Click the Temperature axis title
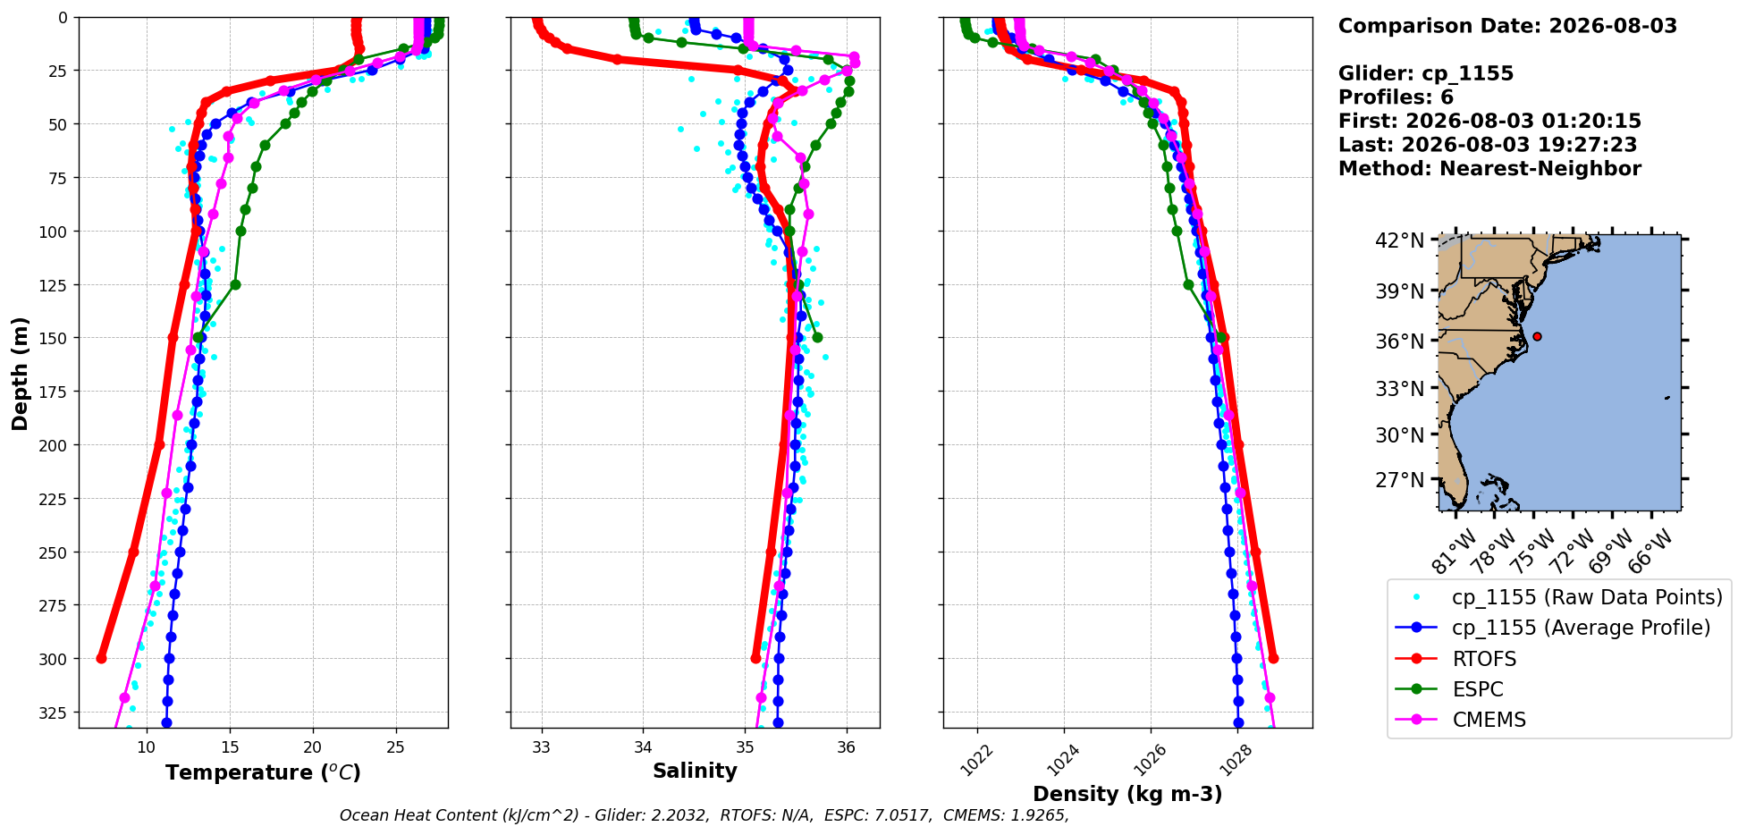coord(263,772)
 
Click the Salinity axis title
coord(695,772)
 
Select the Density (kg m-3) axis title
coord(1127,794)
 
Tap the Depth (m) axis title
coord(21,373)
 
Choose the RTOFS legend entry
coord(1484,659)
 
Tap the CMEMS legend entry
coord(1489,720)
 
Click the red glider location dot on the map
coord(1537,336)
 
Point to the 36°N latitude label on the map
coord(1400,342)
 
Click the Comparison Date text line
coord(1507,26)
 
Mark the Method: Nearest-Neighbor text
coord(1489,169)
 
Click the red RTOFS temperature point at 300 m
coord(101,658)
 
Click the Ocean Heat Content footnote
coord(705,815)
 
